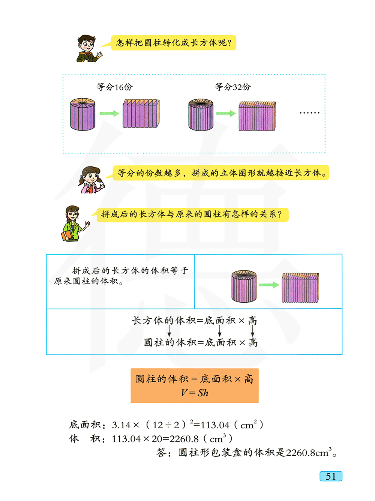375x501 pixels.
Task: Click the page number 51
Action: pyautogui.click(x=331, y=476)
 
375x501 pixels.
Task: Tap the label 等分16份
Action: pyautogui.click(x=114, y=87)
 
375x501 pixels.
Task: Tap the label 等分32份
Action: pyautogui.click(x=232, y=87)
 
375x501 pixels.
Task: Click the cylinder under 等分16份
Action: pyautogui.click(x=83, y=114)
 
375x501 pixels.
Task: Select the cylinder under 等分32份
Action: pyautogui.click(x=201, y=115)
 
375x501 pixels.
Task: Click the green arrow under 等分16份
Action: pyautogui.click(x=109, y=114)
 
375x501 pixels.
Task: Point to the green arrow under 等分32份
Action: pyautogui.click(x=226, y=114)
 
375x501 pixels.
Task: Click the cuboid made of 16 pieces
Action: pyautogui.click(x=141, y=114)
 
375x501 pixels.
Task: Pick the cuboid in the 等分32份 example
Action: pyautogui.click(x=257, y=116)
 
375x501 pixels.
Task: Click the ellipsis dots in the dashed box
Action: pyautogui.click(x=309, y=112)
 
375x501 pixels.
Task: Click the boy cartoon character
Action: pyautogui.click(x=88, y=48)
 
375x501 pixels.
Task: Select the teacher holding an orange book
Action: pyautogui.click(x=73, y=223)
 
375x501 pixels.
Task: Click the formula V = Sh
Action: pyautogui.click(x=194, y=393)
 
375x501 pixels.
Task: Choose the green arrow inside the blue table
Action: pyautogui.click(x=269, y=285)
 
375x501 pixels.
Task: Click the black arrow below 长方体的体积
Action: pyautogui.click(x=169, y=331)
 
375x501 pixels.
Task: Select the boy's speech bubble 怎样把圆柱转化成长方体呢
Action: pyautogui.click(x=174, y=43)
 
